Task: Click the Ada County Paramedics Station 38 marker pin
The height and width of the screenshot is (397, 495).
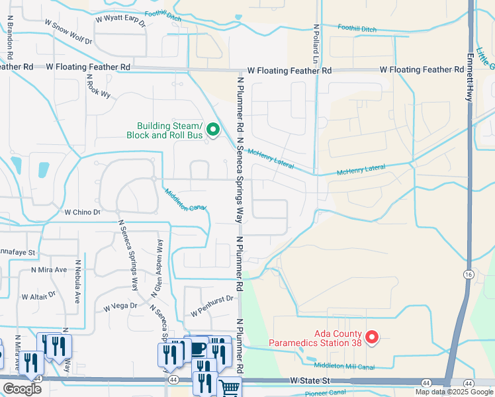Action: point(372,338)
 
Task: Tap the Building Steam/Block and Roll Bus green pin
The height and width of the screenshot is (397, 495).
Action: point(212,130)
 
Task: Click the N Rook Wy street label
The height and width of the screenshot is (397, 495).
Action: point(98,86)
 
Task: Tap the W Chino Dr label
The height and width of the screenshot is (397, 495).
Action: point(82,212)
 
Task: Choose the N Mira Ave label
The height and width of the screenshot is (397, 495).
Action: point(49,270)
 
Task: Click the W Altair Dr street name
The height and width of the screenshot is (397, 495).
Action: point(42,296)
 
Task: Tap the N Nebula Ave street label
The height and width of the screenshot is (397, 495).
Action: point(77,281)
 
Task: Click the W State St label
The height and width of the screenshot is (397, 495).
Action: point(310,381)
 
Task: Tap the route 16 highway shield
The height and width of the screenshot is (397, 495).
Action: point(468,273)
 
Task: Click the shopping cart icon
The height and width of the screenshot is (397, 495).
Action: point(230,389)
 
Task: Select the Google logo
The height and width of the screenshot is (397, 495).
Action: point(22,389)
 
